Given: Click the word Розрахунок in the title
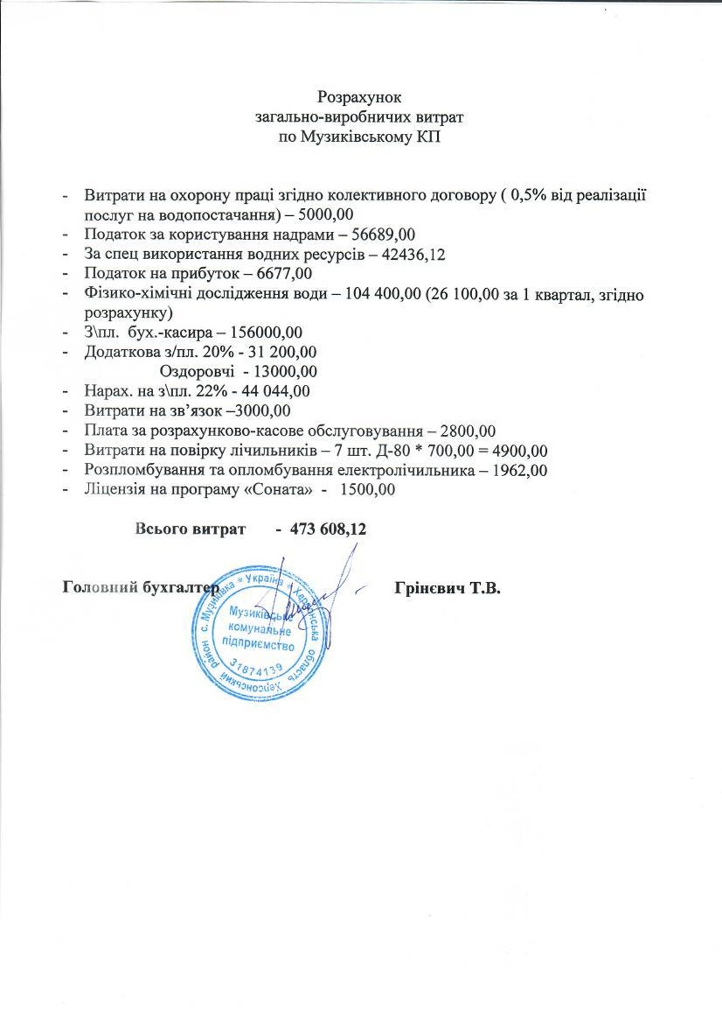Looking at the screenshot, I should (x=360, y=97).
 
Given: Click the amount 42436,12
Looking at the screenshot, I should (x=413, y=254).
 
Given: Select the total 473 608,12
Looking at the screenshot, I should (x=328, y=529).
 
